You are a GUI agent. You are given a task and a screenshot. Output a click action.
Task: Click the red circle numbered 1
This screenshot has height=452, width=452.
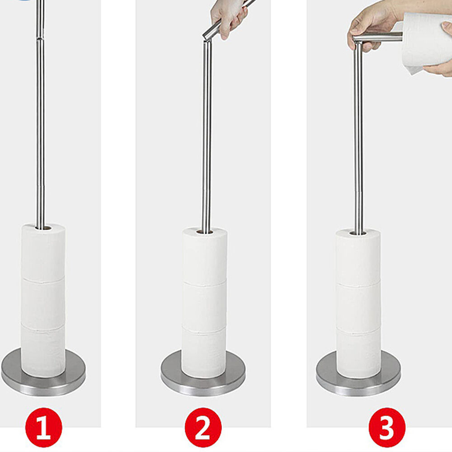(x=43, y=427)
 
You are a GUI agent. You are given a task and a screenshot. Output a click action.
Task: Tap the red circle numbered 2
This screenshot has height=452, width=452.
(x=203, y=427)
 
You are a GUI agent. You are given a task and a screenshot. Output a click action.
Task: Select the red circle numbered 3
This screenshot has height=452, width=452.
(x=387, y=427)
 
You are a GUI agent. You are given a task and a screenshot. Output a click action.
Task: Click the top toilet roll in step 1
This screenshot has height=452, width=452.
(x=43, y=252)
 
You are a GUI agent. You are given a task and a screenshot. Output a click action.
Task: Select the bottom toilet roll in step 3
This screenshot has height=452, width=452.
(x=358, y=353)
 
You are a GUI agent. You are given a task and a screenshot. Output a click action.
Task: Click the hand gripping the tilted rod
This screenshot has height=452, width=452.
(x=229, y=19)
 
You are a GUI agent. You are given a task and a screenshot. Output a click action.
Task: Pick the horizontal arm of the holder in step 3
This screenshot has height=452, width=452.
(x=377, y=37)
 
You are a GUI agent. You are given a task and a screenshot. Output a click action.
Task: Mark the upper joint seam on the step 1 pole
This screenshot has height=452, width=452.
(x=40, y=38)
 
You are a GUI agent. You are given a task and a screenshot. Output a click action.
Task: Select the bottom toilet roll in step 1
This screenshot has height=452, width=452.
(x=43, y=350)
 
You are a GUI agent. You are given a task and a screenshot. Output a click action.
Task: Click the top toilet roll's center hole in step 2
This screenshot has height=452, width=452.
(x=205, y=231)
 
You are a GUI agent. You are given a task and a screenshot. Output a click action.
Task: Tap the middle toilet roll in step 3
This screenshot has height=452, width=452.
(x=358, y=307)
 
